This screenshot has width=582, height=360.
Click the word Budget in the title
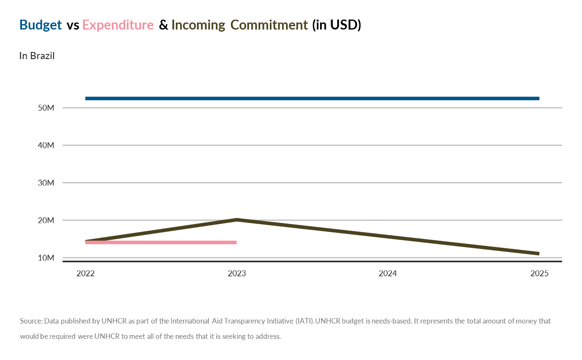click(40, 25)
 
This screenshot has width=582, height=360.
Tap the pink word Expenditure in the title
click(118, 25)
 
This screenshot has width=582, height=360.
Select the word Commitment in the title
click(269, 25)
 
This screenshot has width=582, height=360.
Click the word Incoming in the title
click(198, 25)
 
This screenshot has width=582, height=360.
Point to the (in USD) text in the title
click(337, 25)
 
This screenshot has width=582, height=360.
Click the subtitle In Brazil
click(37, 56)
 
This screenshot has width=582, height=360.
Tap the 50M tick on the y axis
click(46, 108)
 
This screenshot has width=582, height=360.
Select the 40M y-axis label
click(46, 145)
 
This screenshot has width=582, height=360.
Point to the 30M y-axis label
click(46, 182)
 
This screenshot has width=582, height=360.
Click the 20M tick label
click(46, 220)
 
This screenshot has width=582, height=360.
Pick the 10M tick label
click(46, 258)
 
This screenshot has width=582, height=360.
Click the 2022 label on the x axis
click(85, 274)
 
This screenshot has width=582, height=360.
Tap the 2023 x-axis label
click(237, 274)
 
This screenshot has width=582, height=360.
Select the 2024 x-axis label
click(388, 274)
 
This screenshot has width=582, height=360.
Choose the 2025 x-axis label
click(539, 274)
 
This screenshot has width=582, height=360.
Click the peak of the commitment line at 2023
click(237, 219)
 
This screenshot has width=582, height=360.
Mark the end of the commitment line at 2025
click(538, 254)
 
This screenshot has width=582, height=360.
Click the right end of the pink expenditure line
click(235, 242)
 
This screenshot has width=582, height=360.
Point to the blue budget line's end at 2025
click(538, 99)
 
